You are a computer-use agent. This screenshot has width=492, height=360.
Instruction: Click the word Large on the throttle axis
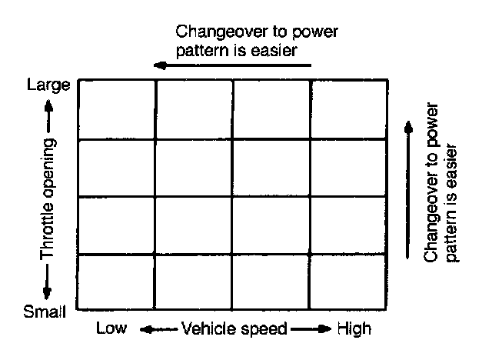[48, 84]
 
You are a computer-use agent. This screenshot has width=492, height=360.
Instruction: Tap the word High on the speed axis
[354, 330]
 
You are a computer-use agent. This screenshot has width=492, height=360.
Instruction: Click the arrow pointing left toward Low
[156, 330]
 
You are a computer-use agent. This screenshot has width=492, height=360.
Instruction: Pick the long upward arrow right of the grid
[407, 184]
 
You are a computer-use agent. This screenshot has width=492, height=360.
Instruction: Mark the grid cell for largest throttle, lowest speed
[118, 109]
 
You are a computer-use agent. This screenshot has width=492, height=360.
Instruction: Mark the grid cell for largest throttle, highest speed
[347, 109]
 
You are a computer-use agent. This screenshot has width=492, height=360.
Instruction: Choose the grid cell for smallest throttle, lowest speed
[118, 281]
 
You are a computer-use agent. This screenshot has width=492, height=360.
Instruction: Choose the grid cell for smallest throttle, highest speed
[347, 281]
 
